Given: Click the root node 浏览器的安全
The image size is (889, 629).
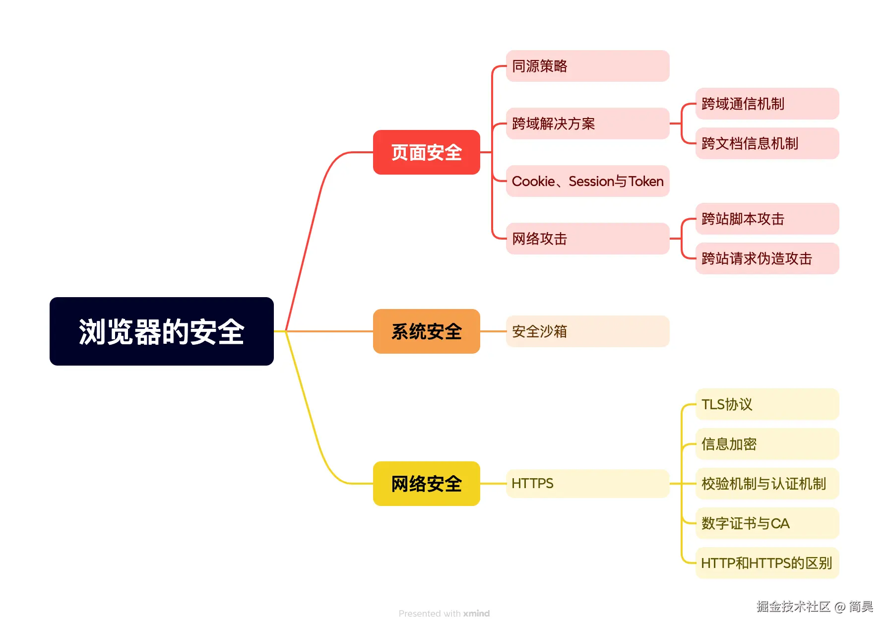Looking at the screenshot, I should coord(161,331).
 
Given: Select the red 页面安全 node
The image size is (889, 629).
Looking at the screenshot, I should coord(426,152).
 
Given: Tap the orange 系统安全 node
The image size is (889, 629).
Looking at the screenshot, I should coord(426,331).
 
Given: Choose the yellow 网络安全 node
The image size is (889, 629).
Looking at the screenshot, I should coord(426,484).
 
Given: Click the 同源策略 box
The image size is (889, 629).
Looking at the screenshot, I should coord(587,66).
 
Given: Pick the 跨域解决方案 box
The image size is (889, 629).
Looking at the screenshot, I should coord(587,124).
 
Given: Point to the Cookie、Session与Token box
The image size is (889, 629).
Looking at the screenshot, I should coord(587,181).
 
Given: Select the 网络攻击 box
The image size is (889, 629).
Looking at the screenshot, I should coord(587,239).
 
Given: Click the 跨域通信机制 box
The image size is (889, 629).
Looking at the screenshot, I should coord(767,104).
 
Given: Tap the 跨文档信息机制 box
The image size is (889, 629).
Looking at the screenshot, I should coord(767,143).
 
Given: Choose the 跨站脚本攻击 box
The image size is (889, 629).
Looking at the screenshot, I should coord(767,219).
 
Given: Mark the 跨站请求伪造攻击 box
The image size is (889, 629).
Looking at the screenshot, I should coord(767,258).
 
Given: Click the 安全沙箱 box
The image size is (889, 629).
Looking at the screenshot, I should coord(587,331).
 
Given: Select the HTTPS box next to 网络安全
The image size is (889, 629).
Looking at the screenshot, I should coord(587,484).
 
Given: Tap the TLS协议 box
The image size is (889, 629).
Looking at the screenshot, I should coord(767,404).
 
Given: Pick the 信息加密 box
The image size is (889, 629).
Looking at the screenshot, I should coord(767,444).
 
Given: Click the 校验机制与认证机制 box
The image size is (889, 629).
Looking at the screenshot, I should coord(767,484).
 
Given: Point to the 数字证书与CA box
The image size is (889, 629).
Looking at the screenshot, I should coord(767,523).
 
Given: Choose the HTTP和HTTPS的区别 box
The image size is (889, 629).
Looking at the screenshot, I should coord(767,563).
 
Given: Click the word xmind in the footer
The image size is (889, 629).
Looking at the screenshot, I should coord(476,614).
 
